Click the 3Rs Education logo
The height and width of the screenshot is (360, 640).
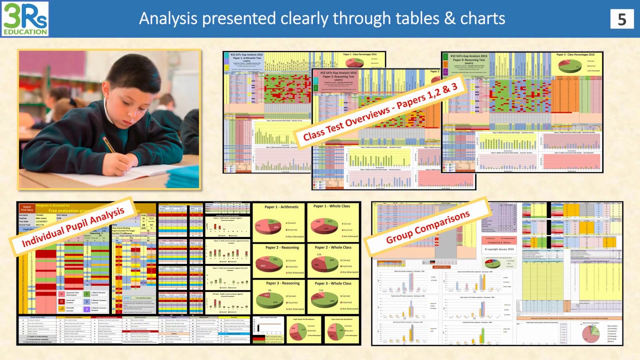click(25, 18)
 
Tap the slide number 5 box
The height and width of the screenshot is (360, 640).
click(621, 18)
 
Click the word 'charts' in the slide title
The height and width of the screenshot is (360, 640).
click(480, 18)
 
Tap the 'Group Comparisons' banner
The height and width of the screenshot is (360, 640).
click(428, 226)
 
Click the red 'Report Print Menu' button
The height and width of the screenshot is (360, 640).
click(27, 207)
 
